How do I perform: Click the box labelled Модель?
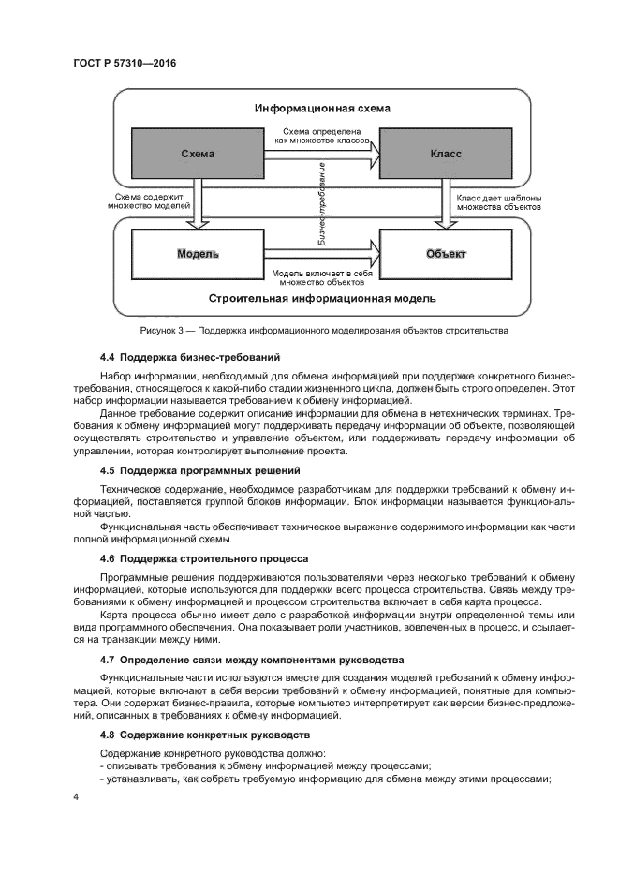[x=197, y=254]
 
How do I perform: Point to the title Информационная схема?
[x=322, y=109]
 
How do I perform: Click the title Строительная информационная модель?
[x=322, y=300]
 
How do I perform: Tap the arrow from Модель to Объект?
[x=323, y=253]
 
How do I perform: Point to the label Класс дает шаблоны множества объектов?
[x=497, y=203]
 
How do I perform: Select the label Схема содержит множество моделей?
[x=148, y=203]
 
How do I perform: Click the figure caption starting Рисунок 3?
[x=323, y=331]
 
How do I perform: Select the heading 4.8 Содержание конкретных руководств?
[x=206, y=736]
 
